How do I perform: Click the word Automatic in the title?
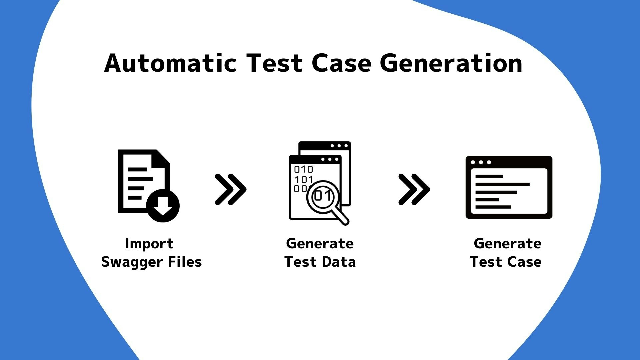coord(170,63)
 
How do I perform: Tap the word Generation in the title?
coord(451,63)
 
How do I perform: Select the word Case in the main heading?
coord(341,63)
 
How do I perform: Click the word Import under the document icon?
coord(149,244)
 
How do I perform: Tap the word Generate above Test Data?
coord(320,244)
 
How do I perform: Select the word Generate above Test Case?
coord(507,244)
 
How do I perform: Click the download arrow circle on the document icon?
coord(163,206)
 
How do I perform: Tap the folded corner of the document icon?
coord(163,157)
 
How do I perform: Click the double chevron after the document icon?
coord(231,189)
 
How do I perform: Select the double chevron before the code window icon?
coord(414,189)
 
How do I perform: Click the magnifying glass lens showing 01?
coord(323,197)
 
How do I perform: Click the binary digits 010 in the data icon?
coord(303,169)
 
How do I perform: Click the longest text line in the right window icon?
coord(502,184)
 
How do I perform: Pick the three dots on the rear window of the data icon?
coord(339,146)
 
